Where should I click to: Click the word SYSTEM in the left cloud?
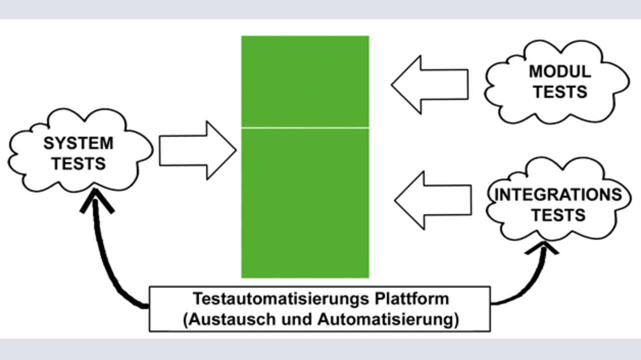79,143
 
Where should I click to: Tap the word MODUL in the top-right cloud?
560,72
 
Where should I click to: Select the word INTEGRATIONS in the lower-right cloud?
558,195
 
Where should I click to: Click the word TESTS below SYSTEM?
79,164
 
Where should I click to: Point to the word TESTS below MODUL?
560,92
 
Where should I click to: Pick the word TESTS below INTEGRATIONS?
558,215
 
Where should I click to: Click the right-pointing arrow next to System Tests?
198,151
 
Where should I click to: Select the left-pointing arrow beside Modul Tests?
430,85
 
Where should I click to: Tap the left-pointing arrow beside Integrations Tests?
433,201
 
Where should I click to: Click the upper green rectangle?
305,81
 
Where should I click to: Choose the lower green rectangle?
305,203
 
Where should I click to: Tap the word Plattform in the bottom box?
412,299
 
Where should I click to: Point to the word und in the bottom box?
296,319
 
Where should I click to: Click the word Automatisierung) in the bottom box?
388,319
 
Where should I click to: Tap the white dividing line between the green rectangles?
305,128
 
